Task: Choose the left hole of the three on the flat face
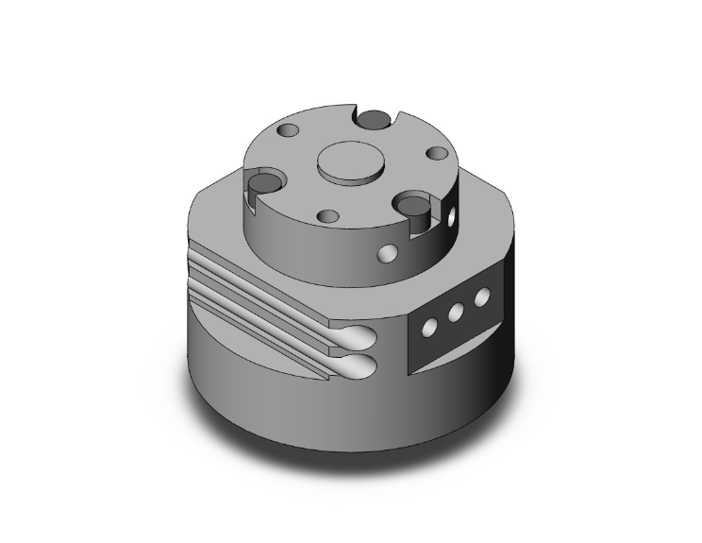(x=430, y=326)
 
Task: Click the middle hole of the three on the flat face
(x=458, y=312)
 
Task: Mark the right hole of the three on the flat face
(x=483, y=297)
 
